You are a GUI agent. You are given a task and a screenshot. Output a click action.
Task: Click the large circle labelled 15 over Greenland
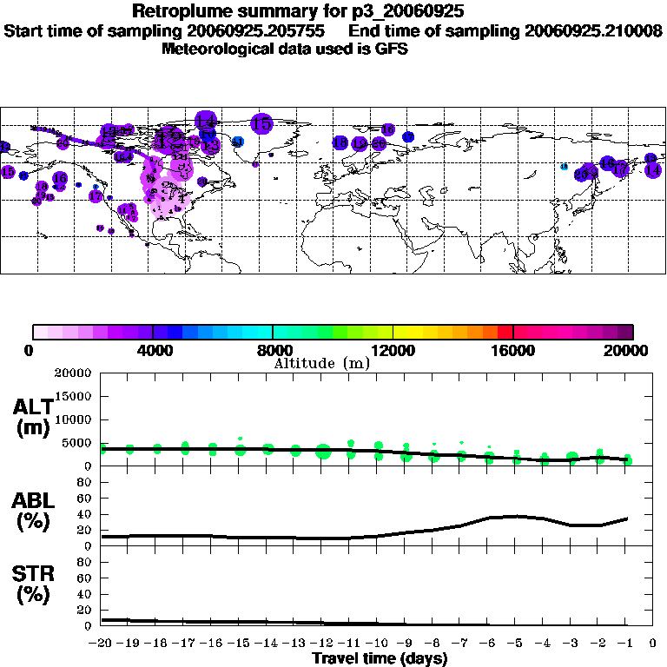261,124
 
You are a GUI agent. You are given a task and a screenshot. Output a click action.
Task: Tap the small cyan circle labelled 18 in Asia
564,166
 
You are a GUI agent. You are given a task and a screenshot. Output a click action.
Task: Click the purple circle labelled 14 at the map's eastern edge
652,170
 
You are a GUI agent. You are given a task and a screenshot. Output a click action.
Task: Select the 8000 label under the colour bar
273,351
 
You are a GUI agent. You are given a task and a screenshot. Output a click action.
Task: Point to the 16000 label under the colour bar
512,351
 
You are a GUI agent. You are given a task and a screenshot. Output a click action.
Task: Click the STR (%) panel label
33,584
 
